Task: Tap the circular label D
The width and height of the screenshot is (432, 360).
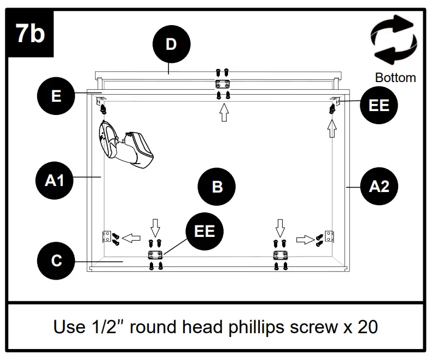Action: click(x=171, y=44)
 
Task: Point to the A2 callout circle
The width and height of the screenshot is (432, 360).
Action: click(x=379, y=187)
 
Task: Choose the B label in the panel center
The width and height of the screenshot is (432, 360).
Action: click(x=217, y=187)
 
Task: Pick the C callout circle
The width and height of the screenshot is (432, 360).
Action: click(x=56, y=260)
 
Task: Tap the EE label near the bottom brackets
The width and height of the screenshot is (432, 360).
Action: click(x=205, y=230)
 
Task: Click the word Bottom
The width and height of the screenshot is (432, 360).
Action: click(x=395, y=78)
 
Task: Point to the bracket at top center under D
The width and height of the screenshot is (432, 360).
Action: click(x=223, y=84)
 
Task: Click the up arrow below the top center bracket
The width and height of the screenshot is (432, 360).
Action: click(x=223, y=113)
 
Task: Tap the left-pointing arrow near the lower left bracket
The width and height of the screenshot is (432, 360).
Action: click(x=130, y=238)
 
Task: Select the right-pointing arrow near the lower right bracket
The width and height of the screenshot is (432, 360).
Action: click(x=304, y=239)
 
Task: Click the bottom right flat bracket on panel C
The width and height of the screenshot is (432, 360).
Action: click(x=281, y=255)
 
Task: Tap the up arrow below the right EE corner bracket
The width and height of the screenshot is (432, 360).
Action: click(x=332, y=129)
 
